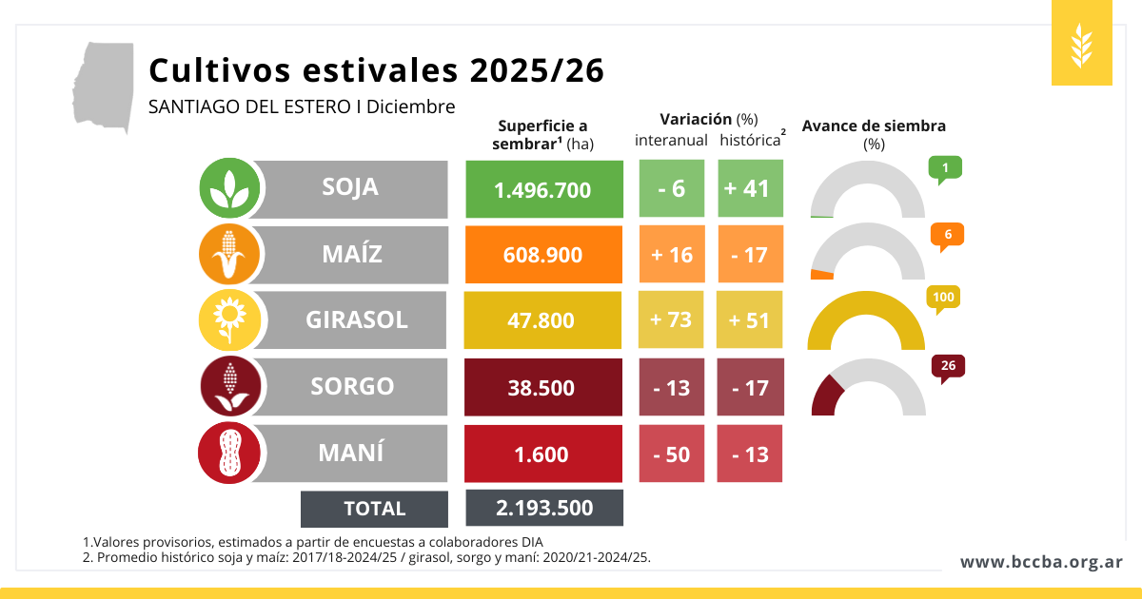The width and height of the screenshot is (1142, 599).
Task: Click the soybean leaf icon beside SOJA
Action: point(230,188)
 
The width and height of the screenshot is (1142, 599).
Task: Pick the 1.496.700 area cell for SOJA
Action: point(543,189)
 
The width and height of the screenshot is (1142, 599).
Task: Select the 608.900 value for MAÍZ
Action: point(543,255)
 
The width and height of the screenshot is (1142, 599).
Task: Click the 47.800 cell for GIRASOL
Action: point(543,320)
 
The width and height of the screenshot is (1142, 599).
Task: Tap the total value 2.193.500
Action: point(544,508)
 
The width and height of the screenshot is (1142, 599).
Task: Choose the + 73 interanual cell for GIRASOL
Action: point(671,319)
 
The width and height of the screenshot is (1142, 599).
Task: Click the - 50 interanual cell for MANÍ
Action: point(671,454)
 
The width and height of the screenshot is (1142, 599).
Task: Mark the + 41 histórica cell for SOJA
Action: point(747,188)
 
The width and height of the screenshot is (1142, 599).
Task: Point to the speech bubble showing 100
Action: point(943,299)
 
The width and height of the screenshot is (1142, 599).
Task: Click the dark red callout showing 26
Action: point(947,366)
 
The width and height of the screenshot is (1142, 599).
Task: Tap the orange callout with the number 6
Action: point(947,235)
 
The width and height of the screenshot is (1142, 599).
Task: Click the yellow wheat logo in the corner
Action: point(1082,43)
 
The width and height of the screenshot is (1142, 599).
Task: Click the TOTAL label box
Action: point(374,509)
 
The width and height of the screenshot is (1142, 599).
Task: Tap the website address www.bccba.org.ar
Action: point(1041,562)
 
